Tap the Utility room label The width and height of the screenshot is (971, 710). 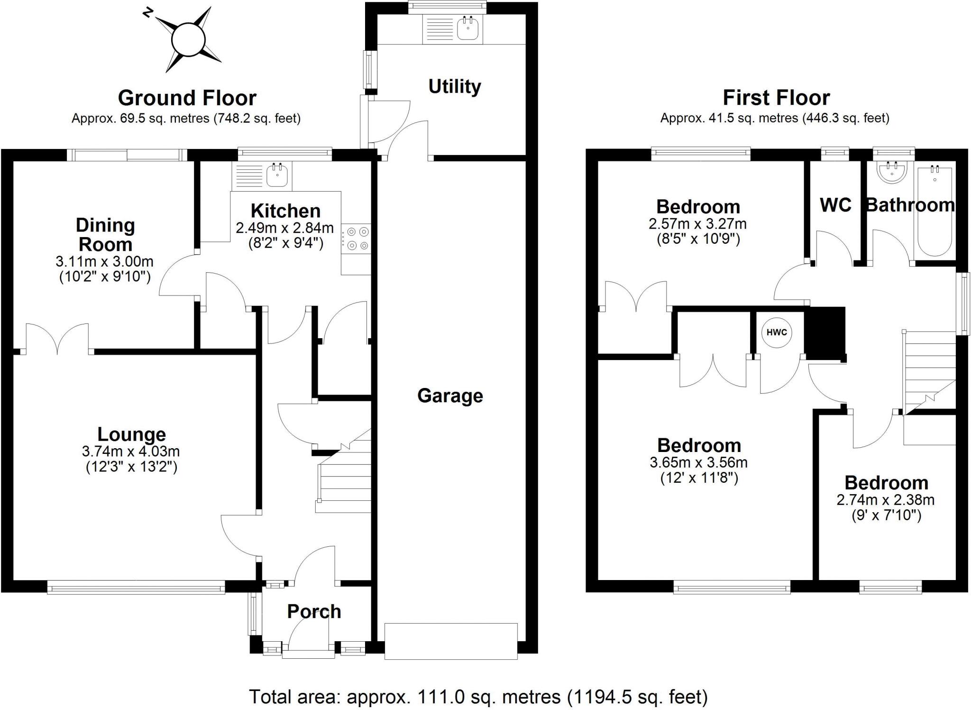[x=454, y=87]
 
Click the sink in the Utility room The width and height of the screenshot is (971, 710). [x=468, y=28]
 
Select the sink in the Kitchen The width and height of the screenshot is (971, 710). [x=277, y=175]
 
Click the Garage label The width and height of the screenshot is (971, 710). [x=450, y=396]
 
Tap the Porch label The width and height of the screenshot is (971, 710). [x=314, y=611]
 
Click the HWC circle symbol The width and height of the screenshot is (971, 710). [x=777, y=332]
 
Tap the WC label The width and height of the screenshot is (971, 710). [x=835, y=205]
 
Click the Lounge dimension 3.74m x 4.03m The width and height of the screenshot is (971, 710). [x=131, y=451]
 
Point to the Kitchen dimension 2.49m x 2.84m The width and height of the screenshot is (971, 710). [x=285, y=228]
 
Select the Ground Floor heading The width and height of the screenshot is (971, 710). [x=187, y=98]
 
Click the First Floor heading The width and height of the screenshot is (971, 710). [x=776, y=98]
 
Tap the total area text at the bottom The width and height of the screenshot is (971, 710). [x=478, y=697]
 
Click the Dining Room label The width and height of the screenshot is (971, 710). [x=105, y=235]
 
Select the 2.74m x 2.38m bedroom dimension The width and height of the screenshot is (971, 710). [x=885, y=500]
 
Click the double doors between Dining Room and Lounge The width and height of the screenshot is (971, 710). [x=57, y=340]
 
